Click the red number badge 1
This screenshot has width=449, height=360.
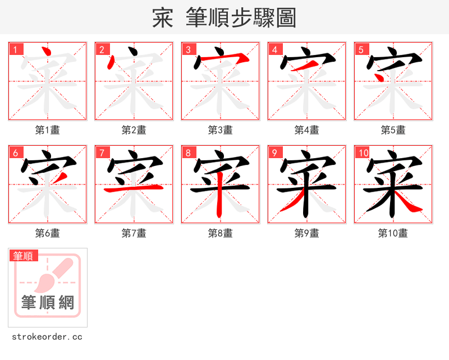pyautogui.click(x=15, y=49)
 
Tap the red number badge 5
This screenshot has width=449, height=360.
pyautogui.click(x=361, y=49)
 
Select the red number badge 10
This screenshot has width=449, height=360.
pyautogui.click(x=363, y=153)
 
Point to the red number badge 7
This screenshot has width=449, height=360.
pyautogui.click(x=102, y=153)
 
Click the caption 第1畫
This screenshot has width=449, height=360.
pyautogui.click(x=48, y=130)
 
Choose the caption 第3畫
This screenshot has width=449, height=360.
pyautogui.click(x=221, y=130)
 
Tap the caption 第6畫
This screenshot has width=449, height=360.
pyautogui.click(x=48, y=233)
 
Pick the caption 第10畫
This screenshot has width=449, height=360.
pyautogui.click(x=393, y=233)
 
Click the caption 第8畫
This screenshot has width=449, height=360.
pyautogui.click(x=221, y=233)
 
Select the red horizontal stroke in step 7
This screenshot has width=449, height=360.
pyautogui.click(x=134, y=190)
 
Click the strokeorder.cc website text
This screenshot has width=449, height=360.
pyautogui.click(x=47, y=337)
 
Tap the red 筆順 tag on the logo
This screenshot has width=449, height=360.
pyautogui.click(x=24, y=256)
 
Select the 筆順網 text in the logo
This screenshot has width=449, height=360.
pyautogui.click(x=48, y=303)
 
